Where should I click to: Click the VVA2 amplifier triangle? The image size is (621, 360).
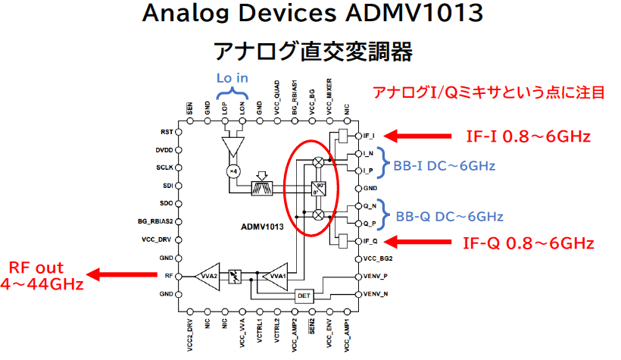[x=208, y=276]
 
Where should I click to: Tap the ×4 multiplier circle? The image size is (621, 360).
[x=234, y=171]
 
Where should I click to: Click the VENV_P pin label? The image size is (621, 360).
[x=376, y=276]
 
